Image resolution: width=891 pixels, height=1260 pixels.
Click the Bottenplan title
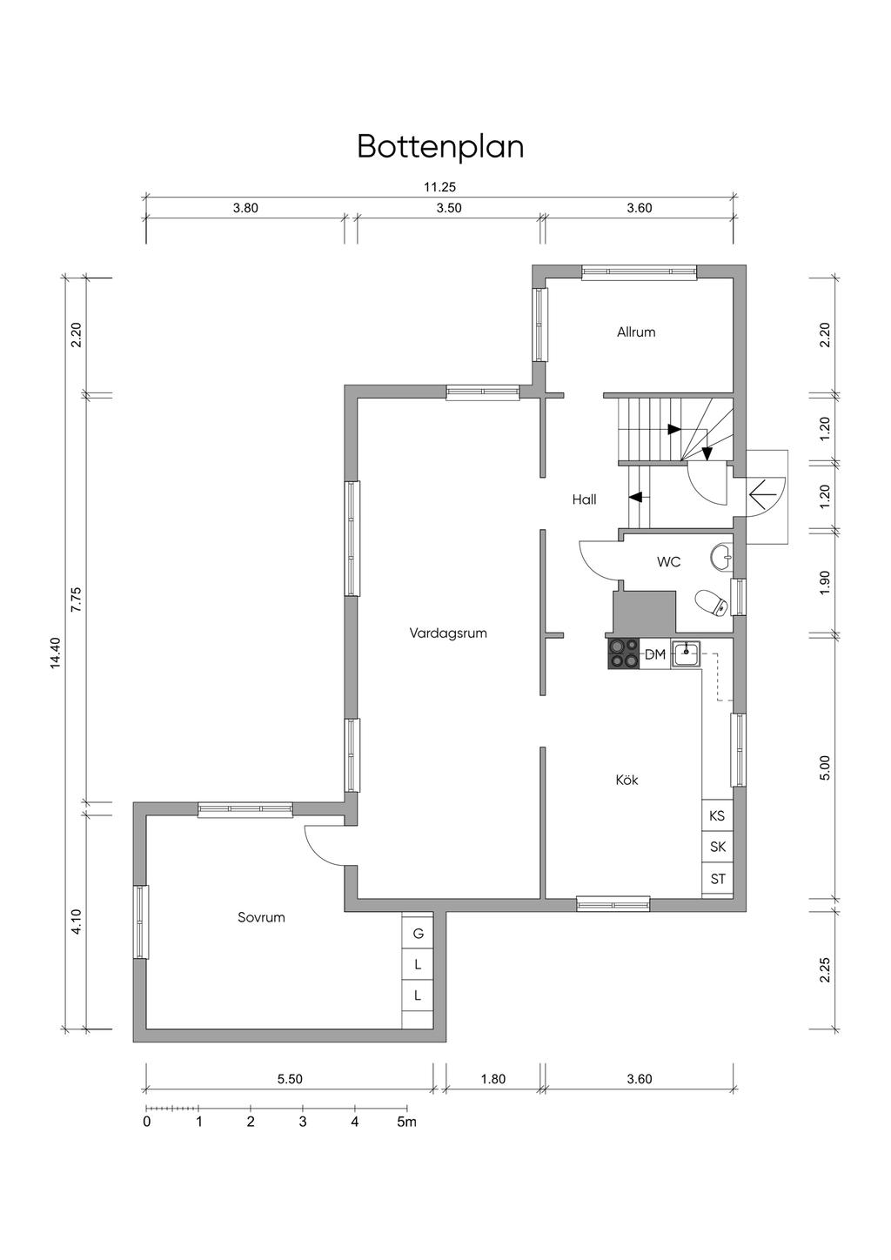click(x=440, y=147)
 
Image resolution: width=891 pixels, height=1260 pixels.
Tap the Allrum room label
click(x=636, y=332)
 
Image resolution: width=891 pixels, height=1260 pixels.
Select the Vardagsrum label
click(x=448, y=633)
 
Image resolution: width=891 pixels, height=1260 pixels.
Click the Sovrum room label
click(x=261, y=917)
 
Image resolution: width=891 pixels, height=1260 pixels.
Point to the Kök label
click(x=626, y=781)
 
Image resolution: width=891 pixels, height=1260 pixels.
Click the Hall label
click(x=584, y=499)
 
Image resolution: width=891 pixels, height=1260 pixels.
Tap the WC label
click(x=668, y=561)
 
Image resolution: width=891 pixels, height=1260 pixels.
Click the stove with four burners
click(x=623, y=653)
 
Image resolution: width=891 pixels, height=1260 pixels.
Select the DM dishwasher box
click(x=655, y=654)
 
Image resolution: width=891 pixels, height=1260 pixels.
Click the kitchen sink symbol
click(x=687, y=653)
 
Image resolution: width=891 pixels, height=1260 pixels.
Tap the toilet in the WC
click(x=712, y=604)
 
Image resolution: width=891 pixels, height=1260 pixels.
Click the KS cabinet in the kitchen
click(x=717, y=815)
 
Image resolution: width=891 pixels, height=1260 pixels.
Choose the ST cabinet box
click(x=717, y=879)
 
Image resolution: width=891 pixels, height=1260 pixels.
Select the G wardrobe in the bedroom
click(x=418, y=934)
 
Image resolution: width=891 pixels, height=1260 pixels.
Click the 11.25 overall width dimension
click(x=440, y=187)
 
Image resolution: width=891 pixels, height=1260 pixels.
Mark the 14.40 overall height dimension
click(x=55, y=653)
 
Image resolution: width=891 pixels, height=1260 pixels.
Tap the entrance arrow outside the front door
click(x=763, y=496)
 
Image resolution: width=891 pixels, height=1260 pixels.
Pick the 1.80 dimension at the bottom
click(x=493, y=1079)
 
